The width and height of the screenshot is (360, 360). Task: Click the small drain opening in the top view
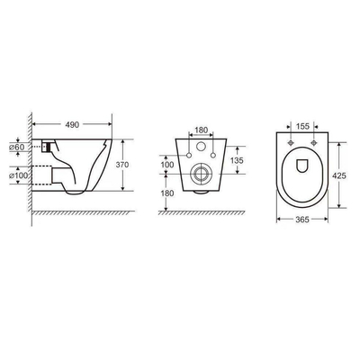click(x=302, y=166)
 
